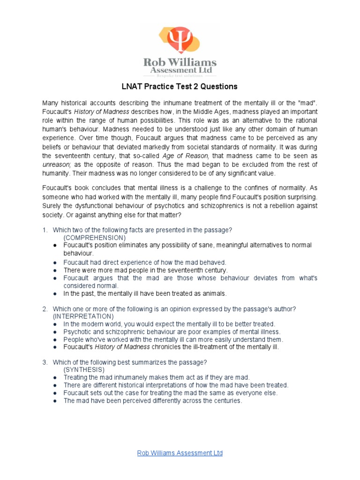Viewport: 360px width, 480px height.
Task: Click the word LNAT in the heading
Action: coord(132,87)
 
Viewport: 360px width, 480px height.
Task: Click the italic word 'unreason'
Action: coord(56,164)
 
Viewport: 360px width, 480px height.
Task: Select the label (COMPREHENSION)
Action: coord(93,238)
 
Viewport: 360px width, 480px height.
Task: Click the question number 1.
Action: coord(45,230)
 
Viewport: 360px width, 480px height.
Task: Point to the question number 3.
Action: coord(45,362)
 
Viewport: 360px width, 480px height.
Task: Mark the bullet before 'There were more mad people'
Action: coord(56,270)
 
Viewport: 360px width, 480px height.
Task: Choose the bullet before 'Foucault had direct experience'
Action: coord(56,262)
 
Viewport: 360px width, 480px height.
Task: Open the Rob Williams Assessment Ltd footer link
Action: coord(180,453)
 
